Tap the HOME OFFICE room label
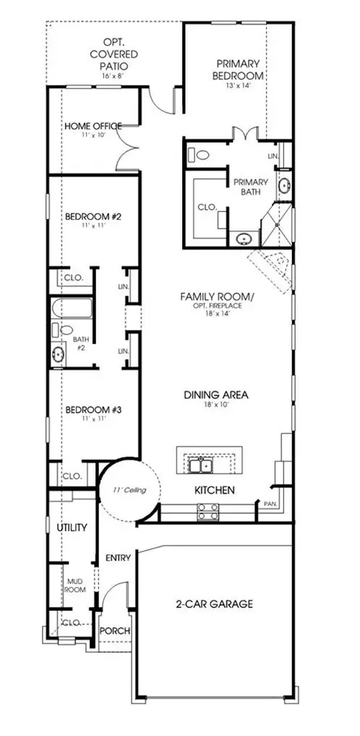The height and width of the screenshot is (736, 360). pyautogui.click(x=93, y=126)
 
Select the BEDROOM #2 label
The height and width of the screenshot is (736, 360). pyautogui.click(x=93, y=217)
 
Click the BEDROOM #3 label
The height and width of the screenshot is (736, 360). pyautogui.click(x=93, y=410)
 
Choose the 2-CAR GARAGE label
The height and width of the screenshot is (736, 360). pyautogui.click(x=215, y=604)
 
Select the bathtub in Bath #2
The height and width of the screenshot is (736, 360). pyautogui.click(x=71, y=309)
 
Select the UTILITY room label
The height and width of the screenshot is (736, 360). pyautogui.click(x=72, y=528)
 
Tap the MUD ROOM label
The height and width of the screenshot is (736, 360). pyautogui.click(x=76, y=584)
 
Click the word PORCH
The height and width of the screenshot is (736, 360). pyautogui.click(x=114, y=631)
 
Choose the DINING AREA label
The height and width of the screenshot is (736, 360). pyautogui.click(x=215, y=395)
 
